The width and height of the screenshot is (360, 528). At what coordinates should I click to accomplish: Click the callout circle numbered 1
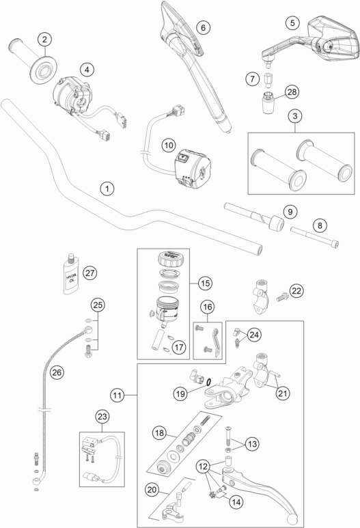(106, 186)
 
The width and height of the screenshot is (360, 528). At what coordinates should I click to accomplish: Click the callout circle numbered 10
(169, 144)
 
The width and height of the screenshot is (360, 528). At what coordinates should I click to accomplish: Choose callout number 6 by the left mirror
(202, 27)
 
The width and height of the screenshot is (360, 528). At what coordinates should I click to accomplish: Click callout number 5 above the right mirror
(293, 23)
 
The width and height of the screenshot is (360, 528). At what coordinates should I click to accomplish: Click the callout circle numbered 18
(158, 433)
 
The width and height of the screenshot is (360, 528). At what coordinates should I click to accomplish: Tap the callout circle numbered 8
(317, 225)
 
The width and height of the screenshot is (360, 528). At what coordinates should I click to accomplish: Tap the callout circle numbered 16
(207, 307)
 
